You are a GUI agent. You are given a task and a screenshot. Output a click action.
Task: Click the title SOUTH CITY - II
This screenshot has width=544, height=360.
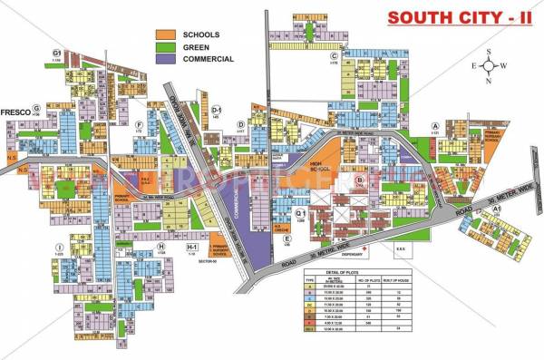(448, 17)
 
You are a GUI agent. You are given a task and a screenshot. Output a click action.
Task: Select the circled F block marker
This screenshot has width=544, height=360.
(139, 124)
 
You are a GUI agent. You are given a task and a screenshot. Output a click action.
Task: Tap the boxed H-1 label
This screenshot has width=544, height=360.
(191, 246)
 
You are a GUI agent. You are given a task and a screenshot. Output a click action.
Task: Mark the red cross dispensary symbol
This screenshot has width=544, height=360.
(364, 247)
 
